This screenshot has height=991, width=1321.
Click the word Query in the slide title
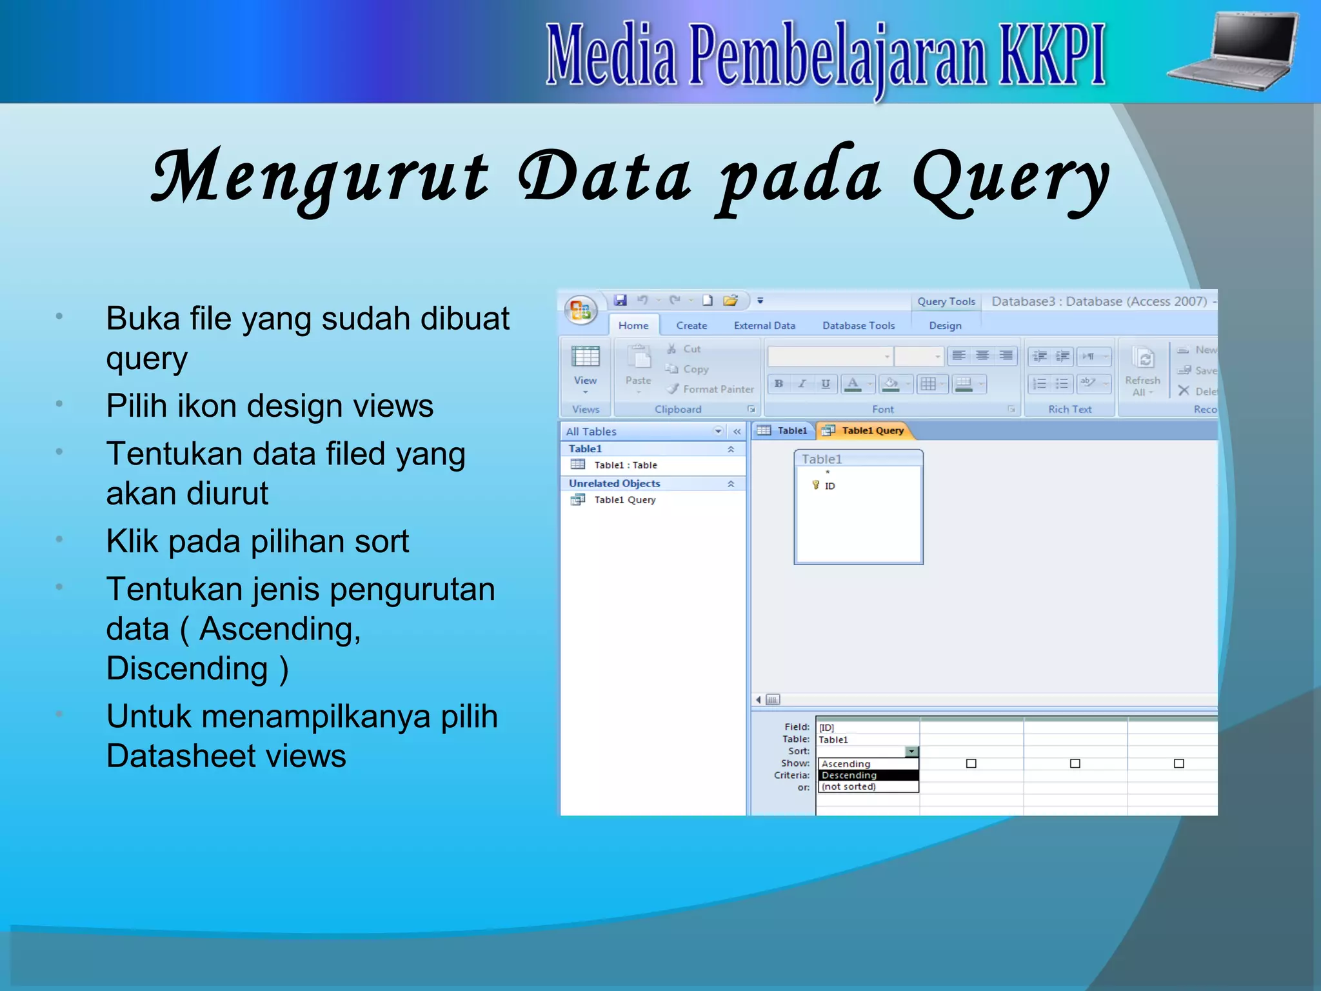click(1010, 178)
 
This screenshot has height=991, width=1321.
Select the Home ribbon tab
click(633, 326)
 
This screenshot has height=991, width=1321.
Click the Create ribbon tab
click(691, 326)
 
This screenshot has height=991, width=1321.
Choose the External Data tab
click(764, 326)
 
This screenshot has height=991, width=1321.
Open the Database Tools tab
click(858, 326)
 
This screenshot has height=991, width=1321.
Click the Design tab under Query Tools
click(945, 326)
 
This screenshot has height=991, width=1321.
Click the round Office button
click(580, 310)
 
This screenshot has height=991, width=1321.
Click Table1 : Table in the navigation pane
click(625, 465)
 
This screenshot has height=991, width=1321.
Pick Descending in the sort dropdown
click(849, 775)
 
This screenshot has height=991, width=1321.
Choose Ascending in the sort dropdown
click(846, 764)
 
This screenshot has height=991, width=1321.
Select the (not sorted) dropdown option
click(849, 786)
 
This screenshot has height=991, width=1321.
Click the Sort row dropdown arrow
click(911, 752)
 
